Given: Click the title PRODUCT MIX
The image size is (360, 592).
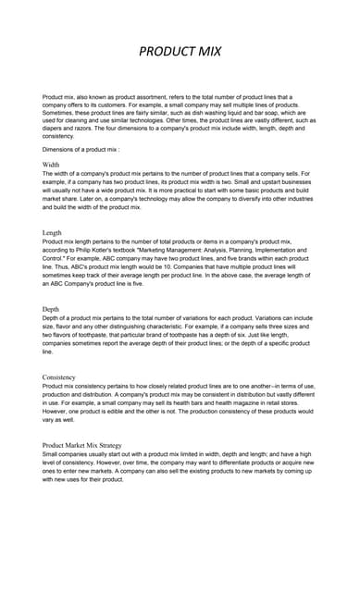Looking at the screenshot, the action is click(180, 52).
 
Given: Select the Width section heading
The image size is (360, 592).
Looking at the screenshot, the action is click(52, 164).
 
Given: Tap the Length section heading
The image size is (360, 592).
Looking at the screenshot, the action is click(53, 232).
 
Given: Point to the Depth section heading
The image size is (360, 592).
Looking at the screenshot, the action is click(52, 309).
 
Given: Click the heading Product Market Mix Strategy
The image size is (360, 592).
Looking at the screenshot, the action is click(89, 445).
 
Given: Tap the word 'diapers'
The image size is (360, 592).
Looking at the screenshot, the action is click(56, 128).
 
